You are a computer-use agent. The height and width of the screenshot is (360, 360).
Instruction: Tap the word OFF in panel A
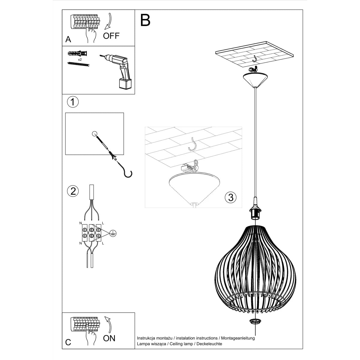pyautogui.click(x=111, y=36)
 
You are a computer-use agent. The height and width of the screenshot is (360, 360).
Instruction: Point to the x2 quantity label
pyautogui.click(x=80, y=60)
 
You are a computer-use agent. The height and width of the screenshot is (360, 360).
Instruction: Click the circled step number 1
pyautogui.click(x=72, y=102)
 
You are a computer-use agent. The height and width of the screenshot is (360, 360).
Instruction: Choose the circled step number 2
pyautogui.click(x=73, y=191)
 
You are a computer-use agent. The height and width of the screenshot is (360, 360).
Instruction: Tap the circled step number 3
pyautogui.click(x=230, y=197)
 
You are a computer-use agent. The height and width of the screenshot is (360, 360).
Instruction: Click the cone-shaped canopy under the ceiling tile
pyautogui.click(x=255, y=79)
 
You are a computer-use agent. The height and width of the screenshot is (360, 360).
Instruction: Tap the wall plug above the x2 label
pyautogui.click(x=78, y=54)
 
